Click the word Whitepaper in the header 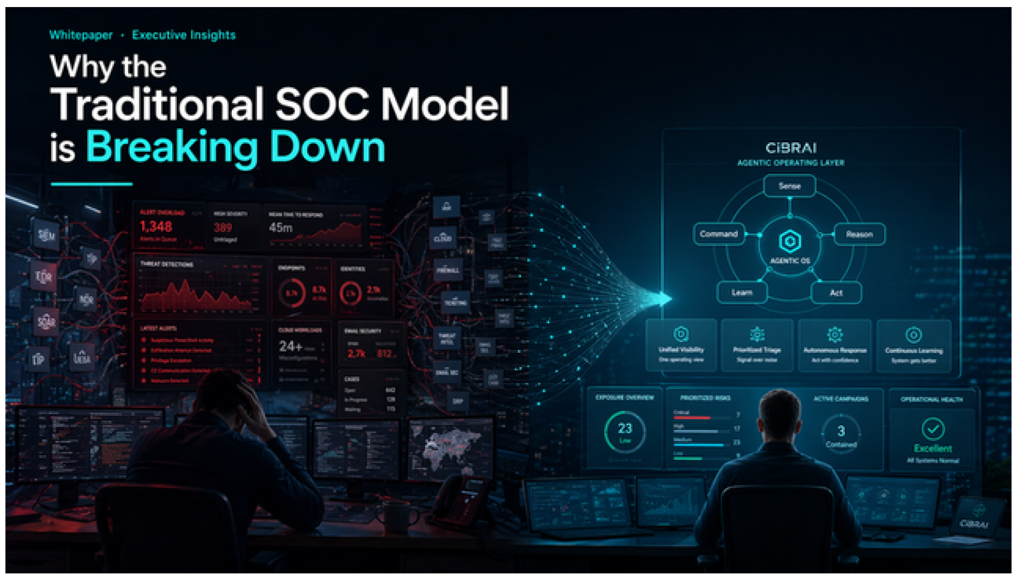point(81,35)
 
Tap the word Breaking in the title point(172,148)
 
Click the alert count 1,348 point(156,226)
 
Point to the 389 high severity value point(223,228)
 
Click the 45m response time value point(281,228)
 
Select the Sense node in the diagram point(789,186)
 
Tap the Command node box point(718,234)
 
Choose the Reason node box point(859,235)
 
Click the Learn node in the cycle point(742,293)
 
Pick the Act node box point(836,293)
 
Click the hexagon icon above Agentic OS point(789,241)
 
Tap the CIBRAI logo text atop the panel point(791,148)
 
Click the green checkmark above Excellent point(933,429)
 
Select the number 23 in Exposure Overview point(625,428)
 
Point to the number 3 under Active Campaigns point(841,431)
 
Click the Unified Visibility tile point(681,345)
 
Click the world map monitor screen point(451,448)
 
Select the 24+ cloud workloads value point(290,346)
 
